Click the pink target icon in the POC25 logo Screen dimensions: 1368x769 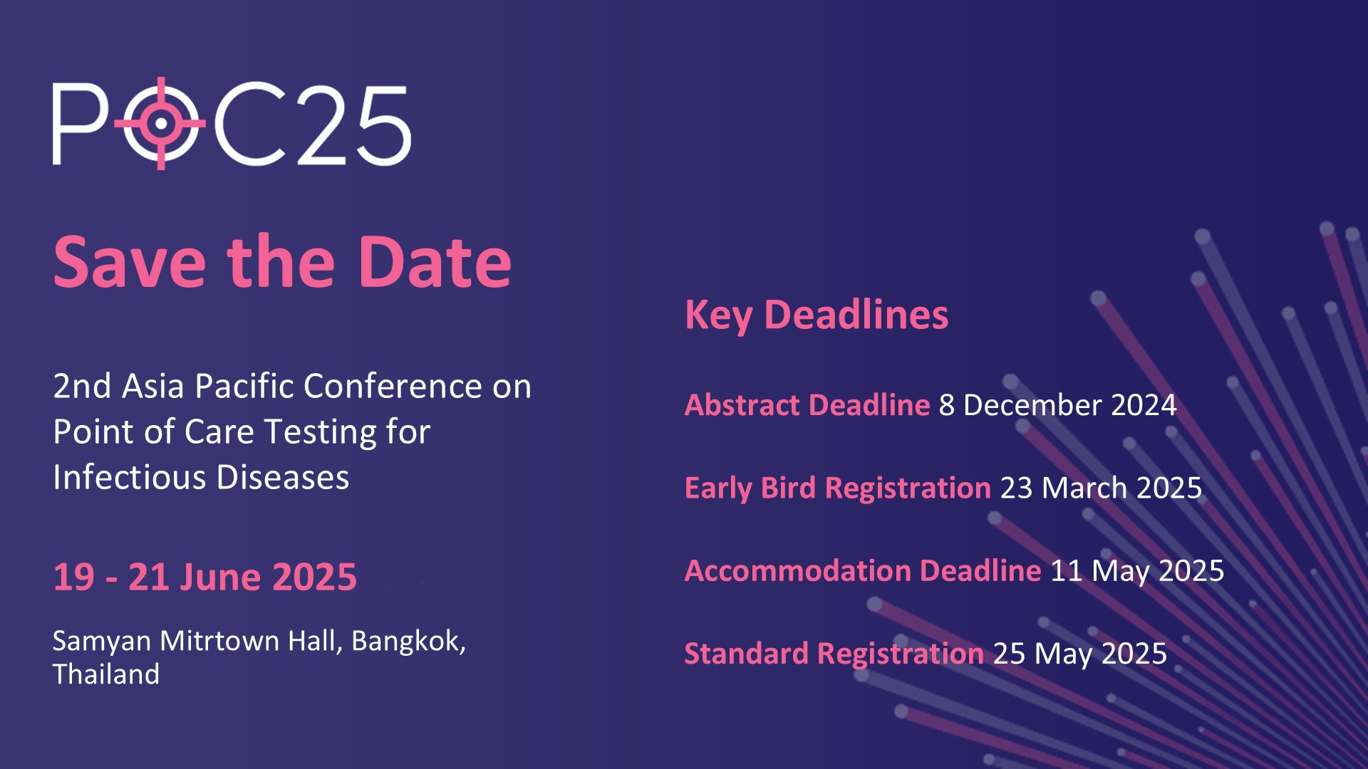[161, 123]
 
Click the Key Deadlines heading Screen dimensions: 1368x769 [817, 314]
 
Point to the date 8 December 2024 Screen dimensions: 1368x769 [1057, 404]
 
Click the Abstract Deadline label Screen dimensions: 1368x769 [807, 404]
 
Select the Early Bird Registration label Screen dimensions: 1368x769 [838, 488]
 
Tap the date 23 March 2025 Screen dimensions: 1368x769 [1101, 488]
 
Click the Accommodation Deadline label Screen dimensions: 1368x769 [863, 570]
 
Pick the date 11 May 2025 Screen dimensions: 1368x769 [1137, 571]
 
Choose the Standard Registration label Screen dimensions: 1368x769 [834, 654]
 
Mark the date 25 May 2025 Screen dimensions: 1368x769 [1080, 654]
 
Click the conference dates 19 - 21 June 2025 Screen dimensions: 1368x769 [205, 577]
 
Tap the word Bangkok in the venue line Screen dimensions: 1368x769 [408, 641]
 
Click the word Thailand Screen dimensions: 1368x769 [106, 674]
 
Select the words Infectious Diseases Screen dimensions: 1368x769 [201, 477]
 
